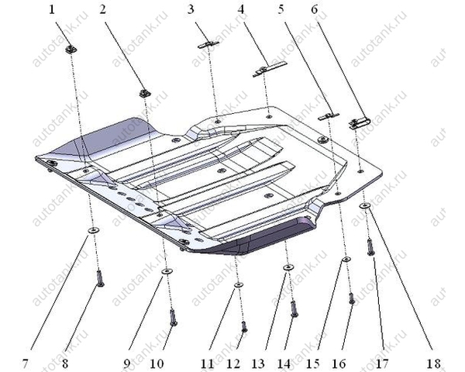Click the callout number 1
(52, 9)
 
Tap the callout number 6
(314, 9)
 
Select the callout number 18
(434, 363)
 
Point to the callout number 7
(26, 363)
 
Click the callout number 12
(232, 363)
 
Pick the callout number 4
(241, 9)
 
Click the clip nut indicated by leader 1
(71, 49)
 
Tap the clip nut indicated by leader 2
(145, 93)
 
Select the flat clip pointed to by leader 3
(208, 44)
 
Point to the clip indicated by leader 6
(359, 123)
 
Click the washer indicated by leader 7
(94, 230)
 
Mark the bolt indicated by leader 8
(100, 278)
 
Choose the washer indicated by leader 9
(167, 270)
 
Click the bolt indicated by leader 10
(174, 317)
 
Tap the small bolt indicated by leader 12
(244, 326)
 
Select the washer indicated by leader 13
(288, 267)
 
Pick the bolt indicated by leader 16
(351, 298)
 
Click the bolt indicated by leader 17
(370, 247)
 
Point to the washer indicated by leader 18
(364, 205)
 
